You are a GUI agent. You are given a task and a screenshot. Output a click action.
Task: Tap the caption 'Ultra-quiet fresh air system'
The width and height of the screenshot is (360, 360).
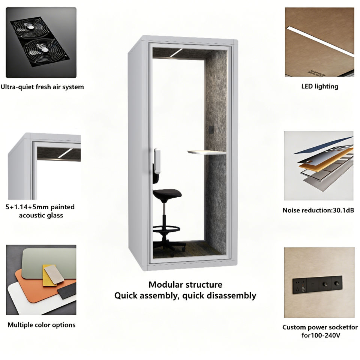[x=42, y=87]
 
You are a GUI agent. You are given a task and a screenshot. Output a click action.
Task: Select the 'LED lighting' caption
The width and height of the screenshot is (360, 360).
[x=320, y=86]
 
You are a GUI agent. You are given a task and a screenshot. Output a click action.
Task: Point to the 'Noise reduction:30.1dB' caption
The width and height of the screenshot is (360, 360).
[x=318, y=210]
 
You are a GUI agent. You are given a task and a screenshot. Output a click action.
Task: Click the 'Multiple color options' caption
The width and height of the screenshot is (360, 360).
[x=41, y=325]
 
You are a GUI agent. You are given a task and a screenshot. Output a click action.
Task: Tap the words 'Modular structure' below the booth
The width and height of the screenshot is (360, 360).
[x=185, y=285]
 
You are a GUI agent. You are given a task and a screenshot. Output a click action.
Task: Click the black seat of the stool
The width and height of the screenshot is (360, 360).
[x=167, y=194]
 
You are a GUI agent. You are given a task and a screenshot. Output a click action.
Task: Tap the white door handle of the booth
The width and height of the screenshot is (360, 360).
[x=157, y=161]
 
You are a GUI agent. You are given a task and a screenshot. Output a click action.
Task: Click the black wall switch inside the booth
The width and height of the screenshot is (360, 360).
[x=211, y=130]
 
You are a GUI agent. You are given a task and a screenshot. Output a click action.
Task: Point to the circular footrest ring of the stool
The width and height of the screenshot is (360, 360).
[x=166, y=229]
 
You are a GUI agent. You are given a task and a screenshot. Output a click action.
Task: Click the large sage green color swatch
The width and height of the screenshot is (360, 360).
[x=49, y=262]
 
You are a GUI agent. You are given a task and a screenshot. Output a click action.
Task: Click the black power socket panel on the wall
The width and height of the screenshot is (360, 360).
[x=317, y=285]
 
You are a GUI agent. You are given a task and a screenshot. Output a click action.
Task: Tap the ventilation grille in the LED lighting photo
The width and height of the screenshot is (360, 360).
[x=317, y=73]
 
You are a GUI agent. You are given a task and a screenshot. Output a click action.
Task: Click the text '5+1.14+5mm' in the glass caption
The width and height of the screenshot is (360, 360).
[x=27, y=207]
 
